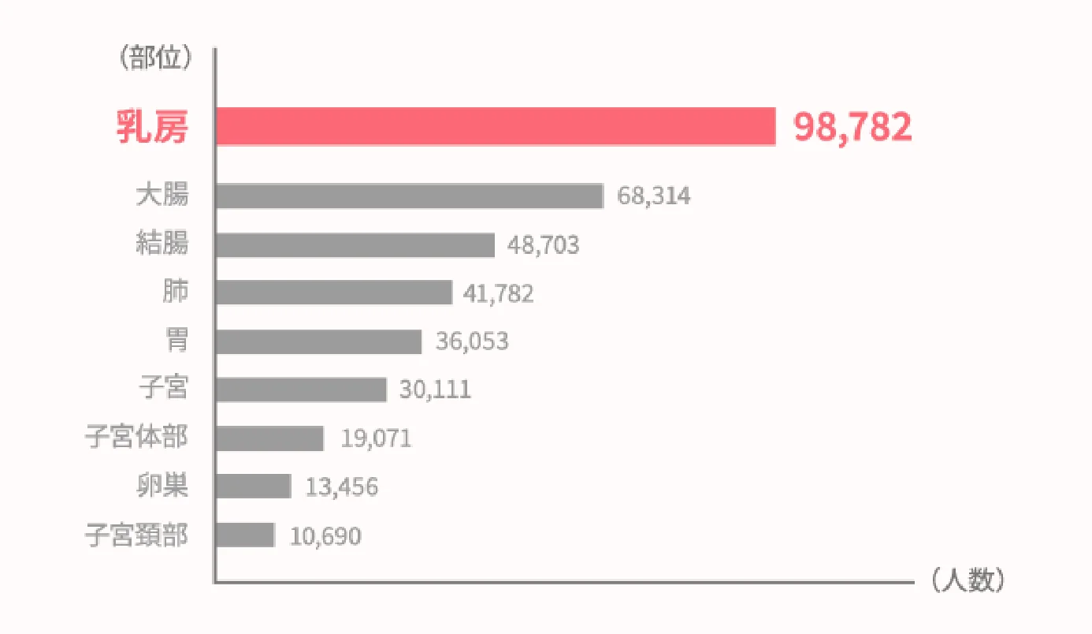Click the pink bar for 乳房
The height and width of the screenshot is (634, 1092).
coord(495,126)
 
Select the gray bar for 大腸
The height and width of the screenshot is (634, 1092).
coord(409,196)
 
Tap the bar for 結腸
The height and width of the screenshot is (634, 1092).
coord(355,245)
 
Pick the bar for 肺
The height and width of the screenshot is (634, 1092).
coord(333,293)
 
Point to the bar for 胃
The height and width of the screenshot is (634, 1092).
coord(318,341)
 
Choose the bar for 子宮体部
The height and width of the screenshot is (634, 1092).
coord(269,438)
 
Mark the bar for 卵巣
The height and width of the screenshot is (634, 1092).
coord(253,487)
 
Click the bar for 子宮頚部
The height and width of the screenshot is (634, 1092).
coord(244,535)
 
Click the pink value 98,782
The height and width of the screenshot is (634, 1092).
coord(852,127)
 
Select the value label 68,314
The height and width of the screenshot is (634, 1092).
coord(654,196)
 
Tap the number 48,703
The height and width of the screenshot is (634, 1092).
coord(543,245)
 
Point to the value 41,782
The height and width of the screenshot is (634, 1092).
coord(499,294)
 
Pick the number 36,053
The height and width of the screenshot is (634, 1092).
coord(472,342)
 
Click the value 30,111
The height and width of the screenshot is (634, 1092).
coord(435,390)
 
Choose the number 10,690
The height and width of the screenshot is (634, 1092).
coord(325,537)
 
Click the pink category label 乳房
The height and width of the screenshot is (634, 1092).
coord(153,127)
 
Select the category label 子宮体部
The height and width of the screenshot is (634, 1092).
coord(137,438)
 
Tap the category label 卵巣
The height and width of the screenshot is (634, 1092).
coord(162,487)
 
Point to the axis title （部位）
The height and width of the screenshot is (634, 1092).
coord(154,58)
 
